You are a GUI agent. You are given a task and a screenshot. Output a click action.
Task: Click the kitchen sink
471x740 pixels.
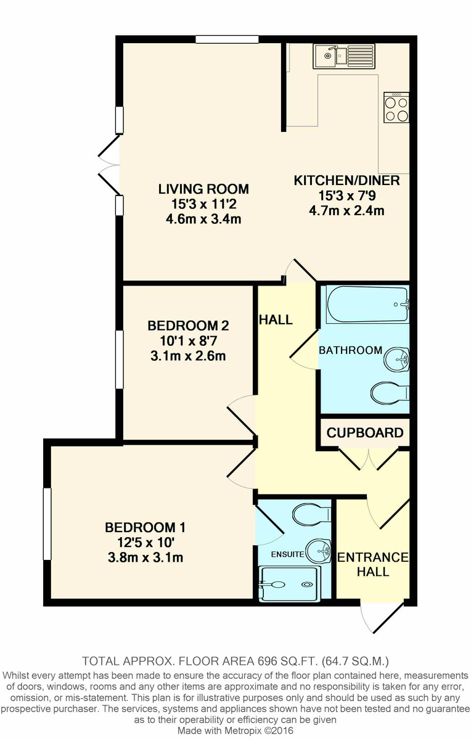tap(343, 56)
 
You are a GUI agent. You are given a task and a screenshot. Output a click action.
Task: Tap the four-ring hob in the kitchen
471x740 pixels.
tap(396, 108)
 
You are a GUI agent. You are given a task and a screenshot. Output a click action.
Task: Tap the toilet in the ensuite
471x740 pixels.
tap(311, 513)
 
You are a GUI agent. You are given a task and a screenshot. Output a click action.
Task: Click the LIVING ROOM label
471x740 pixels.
tap(203, 189)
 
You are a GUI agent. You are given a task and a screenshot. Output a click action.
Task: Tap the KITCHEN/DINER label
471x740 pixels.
tap(346, 181)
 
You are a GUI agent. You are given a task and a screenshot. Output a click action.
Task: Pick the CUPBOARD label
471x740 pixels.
tap(365, 433)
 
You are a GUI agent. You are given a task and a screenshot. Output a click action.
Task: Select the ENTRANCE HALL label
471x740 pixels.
tap(372, 564)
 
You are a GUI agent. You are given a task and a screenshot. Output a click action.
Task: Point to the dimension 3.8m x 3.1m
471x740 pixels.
tap(145, 558)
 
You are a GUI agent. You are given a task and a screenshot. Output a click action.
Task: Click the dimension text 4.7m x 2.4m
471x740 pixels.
tap(346, 211)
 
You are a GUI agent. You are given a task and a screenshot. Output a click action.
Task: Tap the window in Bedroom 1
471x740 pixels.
tap(47, 524)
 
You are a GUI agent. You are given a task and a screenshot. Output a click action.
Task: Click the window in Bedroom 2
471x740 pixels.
tap(120, 360)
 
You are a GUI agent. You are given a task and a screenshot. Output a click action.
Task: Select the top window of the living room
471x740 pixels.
tap(227, 39)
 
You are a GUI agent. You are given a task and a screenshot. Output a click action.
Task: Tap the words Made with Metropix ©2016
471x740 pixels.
tap(236, 730)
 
